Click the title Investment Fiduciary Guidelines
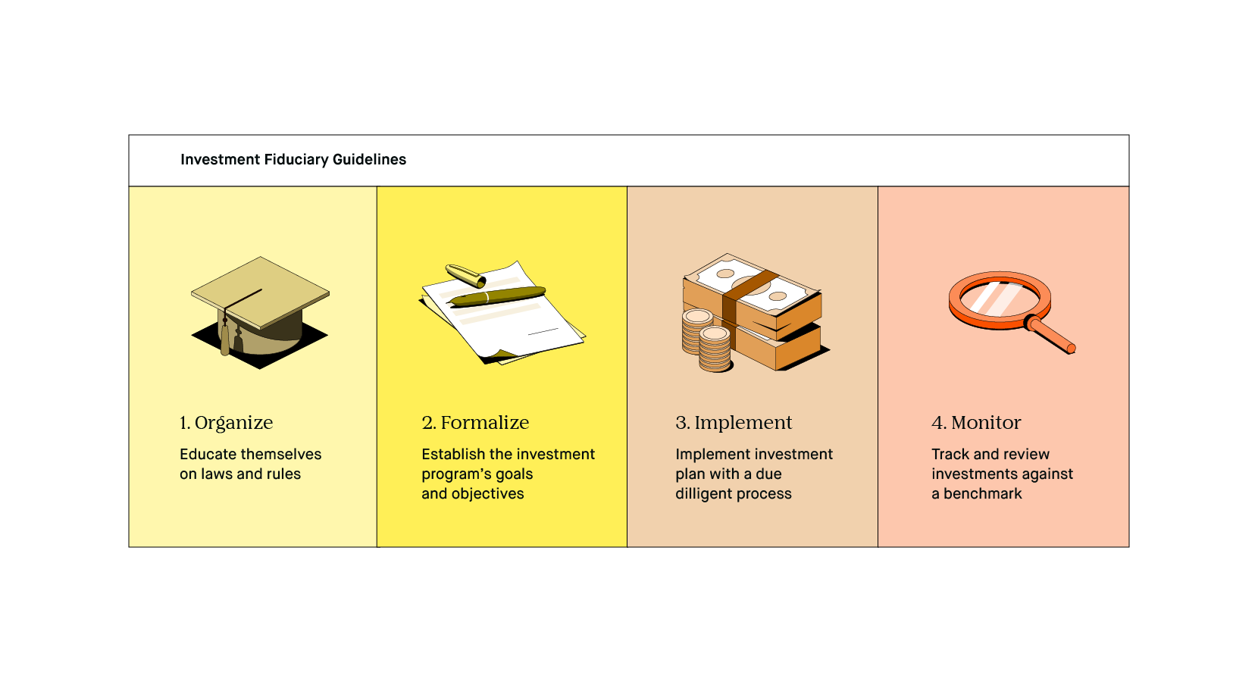click(x=293, y=160)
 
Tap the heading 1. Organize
click(x=227, y=422)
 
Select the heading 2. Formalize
click(x=475, y=422)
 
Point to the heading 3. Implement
click(x=734, y=422)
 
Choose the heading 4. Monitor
click(x=976, y=422)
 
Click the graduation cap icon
click(x=260, y=312)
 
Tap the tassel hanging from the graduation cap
click(x=225, y=335)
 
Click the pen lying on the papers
click(x=497, y=296)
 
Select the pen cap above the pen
click(x=465, y=275)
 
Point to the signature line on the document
click(x=543, y=331)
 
